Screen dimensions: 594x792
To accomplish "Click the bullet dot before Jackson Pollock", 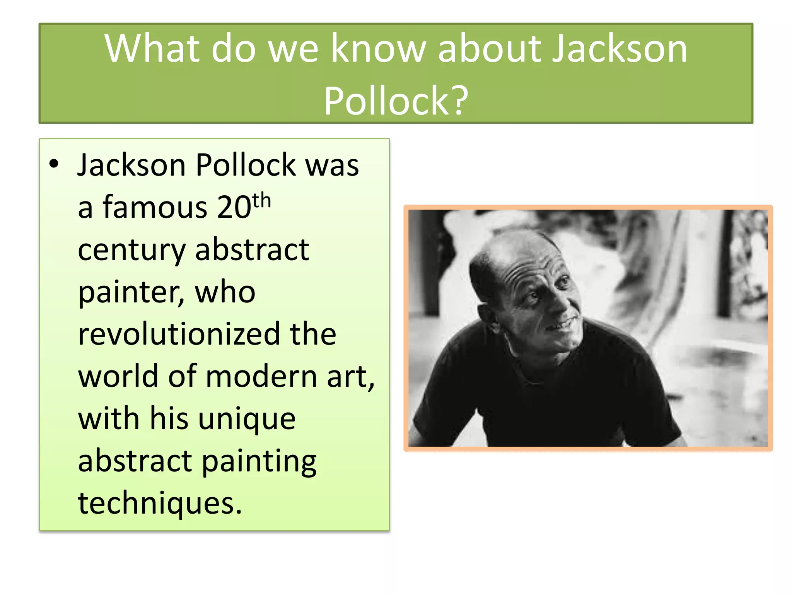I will click(x=54, y=164).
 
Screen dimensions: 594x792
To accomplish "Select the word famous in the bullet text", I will click(x=155, y=207).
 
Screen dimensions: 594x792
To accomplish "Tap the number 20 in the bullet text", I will click(x=234, y=207).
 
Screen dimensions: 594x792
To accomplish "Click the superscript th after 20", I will click(x=261, y=200).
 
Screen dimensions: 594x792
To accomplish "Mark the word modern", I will click(x=261, y=377).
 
